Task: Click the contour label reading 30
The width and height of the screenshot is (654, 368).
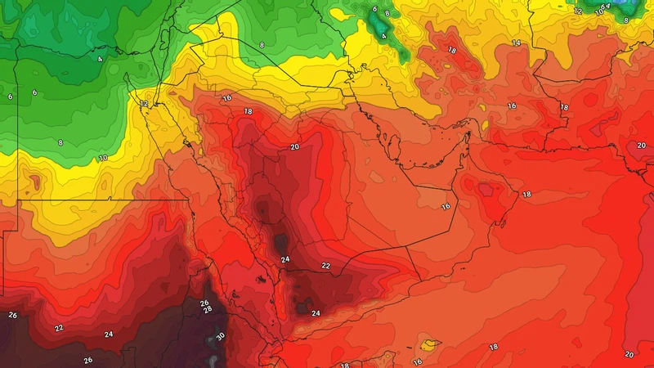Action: [x=220, y=336]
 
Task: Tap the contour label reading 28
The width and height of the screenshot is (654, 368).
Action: [x=208, y=311]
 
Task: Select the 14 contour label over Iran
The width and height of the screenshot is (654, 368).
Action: [x=516, y=43]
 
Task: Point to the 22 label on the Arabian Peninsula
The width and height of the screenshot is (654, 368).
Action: [x=325, y=266]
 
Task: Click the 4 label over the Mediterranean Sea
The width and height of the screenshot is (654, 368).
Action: [x=100, y=59]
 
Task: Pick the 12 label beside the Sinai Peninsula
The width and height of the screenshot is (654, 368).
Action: [x=144, y=104]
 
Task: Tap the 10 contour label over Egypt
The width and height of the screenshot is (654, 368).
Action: [x=103, y=158]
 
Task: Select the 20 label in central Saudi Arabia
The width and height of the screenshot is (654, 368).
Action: [x=294, y=147]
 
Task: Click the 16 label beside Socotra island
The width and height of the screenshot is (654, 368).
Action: [x=417, y=361]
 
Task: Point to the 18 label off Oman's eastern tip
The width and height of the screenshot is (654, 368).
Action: [x=526, y=195]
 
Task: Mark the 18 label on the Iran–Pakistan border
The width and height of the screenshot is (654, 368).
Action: [x=564, y=107]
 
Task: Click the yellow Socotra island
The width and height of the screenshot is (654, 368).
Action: [x=429, y=345]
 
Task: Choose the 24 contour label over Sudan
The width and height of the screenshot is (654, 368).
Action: [x=109, y=334]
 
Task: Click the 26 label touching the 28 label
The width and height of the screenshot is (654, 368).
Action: [x=204, y=303]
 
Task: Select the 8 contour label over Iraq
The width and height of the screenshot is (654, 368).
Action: [x=262, y=44]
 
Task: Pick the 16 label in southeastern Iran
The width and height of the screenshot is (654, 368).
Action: [x=512, y=105]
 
